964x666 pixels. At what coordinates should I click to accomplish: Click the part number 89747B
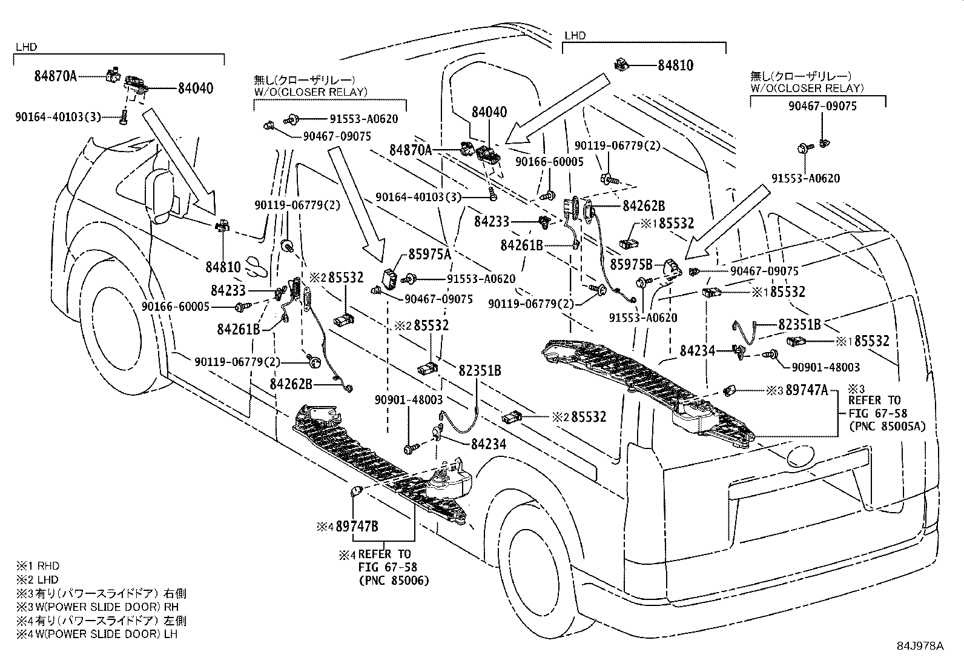click(357, 527)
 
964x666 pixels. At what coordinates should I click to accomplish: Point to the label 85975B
click(631, 265)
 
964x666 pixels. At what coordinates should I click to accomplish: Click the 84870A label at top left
click(56, 76)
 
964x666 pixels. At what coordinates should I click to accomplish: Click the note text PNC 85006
click(394, 581)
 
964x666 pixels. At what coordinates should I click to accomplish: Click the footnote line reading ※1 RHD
click(38, 565)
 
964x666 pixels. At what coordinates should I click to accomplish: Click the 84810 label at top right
click(676, 65)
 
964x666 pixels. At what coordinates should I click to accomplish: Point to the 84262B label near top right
click(644, 206)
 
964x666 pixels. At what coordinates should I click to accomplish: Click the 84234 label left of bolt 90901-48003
click(698, 350)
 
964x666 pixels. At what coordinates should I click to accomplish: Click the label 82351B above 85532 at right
click(799, 325)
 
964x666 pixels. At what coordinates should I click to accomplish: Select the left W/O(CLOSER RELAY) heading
click(310, 92)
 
